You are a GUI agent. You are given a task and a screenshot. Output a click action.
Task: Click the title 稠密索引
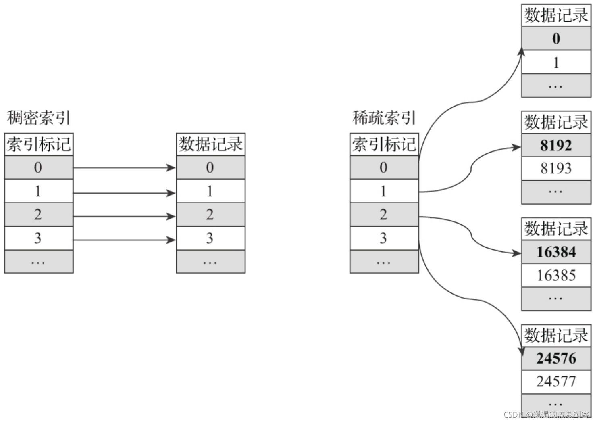[x=39, y=118]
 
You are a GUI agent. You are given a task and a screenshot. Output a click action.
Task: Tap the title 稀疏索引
[x=384, y=118]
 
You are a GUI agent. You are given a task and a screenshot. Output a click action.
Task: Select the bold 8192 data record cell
[x=556, y=145]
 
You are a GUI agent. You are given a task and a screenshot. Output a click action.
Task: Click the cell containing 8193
[x=556, y=168]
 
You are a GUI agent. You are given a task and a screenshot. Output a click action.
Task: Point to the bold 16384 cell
[x=556, y=252]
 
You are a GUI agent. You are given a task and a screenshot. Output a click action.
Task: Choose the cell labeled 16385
[x=556, y=276]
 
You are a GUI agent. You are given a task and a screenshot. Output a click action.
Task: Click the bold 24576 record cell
[x=556, y=358]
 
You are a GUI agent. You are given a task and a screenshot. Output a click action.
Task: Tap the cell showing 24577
[x=556, y=381]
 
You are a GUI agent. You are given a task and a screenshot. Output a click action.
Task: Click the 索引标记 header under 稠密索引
[x=39, y=144]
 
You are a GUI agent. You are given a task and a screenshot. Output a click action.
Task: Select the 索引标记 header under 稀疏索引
[x=384, y=144]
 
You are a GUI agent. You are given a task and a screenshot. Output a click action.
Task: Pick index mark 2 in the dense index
[x=38, y=215]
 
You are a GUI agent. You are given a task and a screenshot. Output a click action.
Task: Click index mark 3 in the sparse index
[x=383, y=238]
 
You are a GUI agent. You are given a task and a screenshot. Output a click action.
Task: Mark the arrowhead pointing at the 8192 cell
[x=517, y=147]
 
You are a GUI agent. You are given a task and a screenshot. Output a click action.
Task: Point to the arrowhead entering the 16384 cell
[x=517, y=253]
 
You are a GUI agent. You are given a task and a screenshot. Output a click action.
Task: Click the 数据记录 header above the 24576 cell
[x=556, y=335]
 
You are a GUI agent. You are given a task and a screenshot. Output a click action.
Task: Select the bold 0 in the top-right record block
[x=556, y=39]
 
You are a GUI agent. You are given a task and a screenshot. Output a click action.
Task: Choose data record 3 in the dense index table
[x=210, y=238]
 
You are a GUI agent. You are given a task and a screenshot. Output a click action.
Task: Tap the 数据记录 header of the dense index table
[x=210, y=144]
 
